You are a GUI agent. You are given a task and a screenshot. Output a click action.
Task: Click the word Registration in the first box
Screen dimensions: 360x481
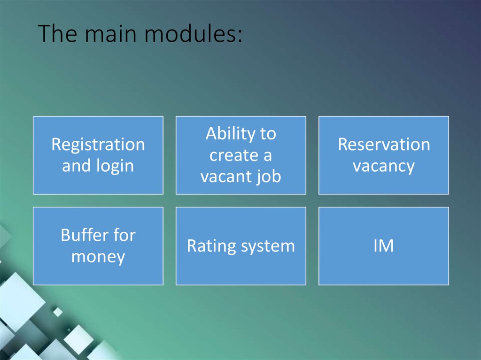(x=98, y=145)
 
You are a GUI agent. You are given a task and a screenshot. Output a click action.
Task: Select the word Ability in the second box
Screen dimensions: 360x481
(x=227, y=134)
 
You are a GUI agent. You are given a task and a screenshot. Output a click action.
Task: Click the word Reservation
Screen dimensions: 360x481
(x=384, y=145)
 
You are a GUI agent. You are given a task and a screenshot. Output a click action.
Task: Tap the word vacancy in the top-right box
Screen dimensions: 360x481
(x=384, y=166)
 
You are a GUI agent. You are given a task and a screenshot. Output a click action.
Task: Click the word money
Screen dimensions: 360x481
(x=98, y=257)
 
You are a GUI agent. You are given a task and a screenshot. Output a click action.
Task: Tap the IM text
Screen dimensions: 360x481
(x=383, y=246)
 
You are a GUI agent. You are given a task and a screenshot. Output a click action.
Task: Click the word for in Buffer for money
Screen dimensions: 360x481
(x=124, y=235)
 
